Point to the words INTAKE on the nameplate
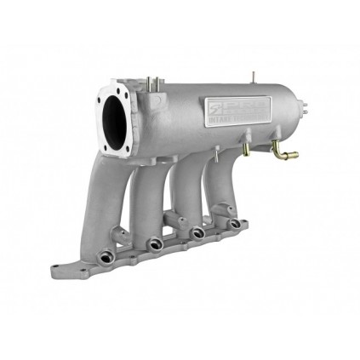(223, 117)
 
